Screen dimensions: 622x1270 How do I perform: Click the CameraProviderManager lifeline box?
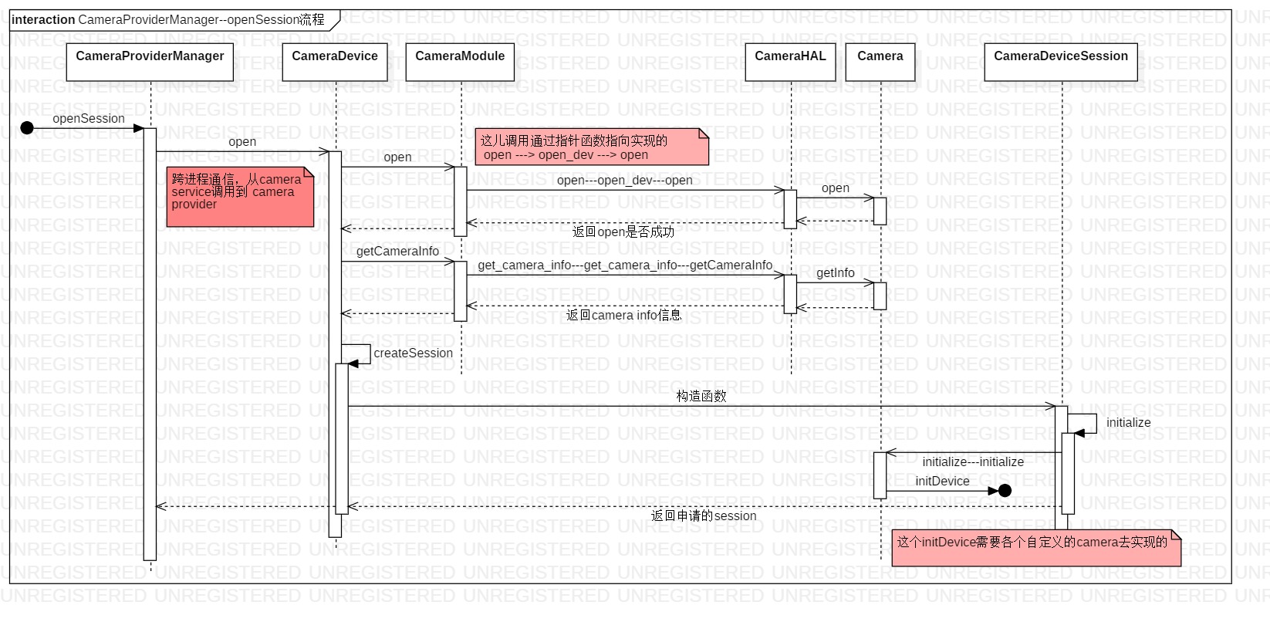pos(150,62)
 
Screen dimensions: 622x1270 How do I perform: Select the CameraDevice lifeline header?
pos(334,62)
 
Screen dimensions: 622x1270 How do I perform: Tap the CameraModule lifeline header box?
pos(460,62)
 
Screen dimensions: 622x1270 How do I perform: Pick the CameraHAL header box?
pos(790,62)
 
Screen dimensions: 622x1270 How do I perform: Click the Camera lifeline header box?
pos(880,62)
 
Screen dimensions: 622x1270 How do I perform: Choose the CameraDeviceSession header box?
pos(1060,62)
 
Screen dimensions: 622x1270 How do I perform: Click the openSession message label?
pos(88,118)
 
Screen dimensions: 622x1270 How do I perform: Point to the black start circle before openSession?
pos(27,128)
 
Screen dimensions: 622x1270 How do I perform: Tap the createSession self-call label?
pos(413,353)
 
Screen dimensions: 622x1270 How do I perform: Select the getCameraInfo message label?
pos(397,251)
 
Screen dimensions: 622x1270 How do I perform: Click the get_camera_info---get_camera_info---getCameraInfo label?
pos(625,265)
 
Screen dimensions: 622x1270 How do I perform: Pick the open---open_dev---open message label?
pos(624,180)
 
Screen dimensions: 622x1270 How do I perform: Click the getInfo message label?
pos(835,272)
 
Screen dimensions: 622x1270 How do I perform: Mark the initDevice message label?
pos(942,481)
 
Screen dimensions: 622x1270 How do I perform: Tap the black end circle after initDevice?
pos(1005,490)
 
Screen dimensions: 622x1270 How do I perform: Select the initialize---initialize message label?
pos(973,461)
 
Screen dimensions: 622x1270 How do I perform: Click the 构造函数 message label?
pos(701,395)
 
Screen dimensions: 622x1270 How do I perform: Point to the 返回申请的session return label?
pos(704,516)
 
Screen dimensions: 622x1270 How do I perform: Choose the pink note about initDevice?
pos(1035,548)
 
